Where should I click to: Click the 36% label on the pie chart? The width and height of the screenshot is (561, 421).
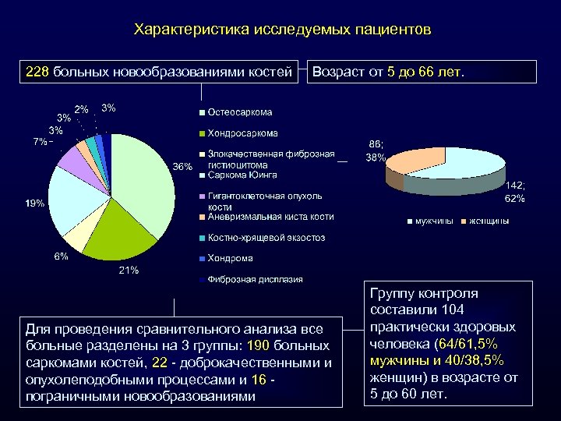coord(182,167)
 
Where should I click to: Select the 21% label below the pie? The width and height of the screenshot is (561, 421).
coord(129,271)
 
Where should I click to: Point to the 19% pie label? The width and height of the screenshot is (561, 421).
coord(34,203)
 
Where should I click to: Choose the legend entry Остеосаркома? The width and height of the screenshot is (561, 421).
coord(239,113)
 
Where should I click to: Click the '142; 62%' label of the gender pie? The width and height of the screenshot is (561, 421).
coord(515,193)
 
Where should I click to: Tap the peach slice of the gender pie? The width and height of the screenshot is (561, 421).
coord(413,160)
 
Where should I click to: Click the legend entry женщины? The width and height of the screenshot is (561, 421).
coord(488,221)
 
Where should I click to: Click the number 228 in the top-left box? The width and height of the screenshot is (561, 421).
coord(37,72)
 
